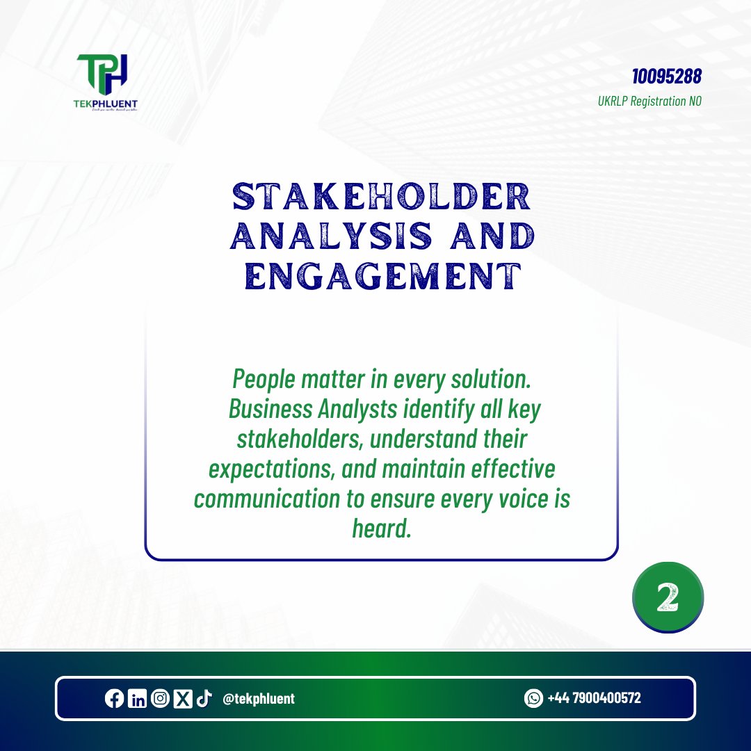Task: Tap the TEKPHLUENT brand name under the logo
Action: (107, 104)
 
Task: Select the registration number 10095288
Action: (667, 76)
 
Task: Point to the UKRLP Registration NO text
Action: (649, 101)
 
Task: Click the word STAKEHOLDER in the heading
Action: (381, 198)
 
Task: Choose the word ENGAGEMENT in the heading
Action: (384, 277)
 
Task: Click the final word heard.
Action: (382, 529)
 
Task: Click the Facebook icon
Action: (114, 699)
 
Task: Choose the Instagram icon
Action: (159, 699)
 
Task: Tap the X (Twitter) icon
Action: (182, 699)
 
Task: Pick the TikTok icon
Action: (204, 699)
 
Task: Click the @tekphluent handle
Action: (258, 699)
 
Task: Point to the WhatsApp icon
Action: (533, 698)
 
